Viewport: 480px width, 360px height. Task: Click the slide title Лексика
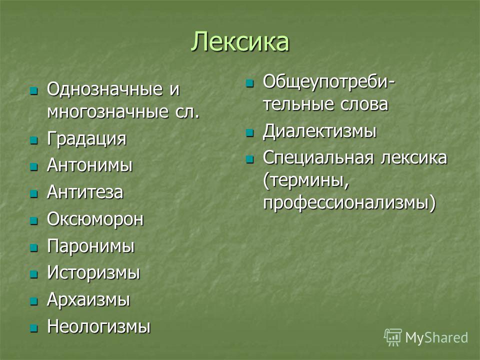[x=240, y=41]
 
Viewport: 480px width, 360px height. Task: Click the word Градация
[x=86, y=138]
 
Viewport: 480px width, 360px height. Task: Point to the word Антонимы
[x=89, y=165]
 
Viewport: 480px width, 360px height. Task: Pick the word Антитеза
[x=85, y=192]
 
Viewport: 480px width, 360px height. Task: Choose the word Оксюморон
[x=95, y=219]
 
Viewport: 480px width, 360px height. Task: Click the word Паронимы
[x=91, y=246]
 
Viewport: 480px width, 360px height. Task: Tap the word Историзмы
[x=93, y=272]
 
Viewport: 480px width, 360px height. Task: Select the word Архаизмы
[x=88, y=299]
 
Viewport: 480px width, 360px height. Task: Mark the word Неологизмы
[x=99, y=326]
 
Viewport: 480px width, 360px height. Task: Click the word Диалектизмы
[x=319, y=131]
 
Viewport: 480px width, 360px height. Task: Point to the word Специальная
[x=318, y=158]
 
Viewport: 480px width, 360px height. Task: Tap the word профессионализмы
[x=349, y=203]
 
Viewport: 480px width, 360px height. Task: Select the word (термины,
[x=306, y=180]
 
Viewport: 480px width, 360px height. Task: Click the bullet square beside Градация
[x=33, y=140]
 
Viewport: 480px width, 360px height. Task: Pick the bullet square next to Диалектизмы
[x=250, y=133]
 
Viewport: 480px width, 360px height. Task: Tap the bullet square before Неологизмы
[x=33, y=328]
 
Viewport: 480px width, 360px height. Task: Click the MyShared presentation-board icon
[x=392, y=337]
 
